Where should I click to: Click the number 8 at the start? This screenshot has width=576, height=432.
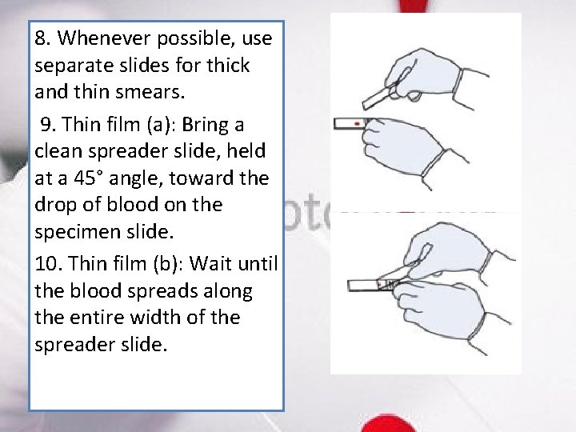tap(41, 38)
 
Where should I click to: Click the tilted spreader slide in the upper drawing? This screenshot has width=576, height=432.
tap(378, 97)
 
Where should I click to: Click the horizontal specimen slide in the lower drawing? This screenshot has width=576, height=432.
tap(364, 284)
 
